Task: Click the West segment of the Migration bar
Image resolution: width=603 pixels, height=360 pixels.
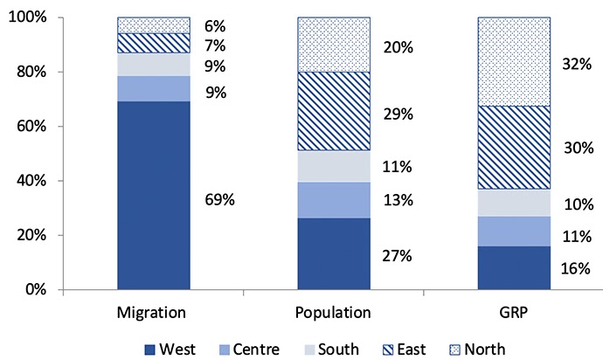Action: (x=154, y=195)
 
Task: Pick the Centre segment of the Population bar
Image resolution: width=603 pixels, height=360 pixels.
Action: (x=333, y=199)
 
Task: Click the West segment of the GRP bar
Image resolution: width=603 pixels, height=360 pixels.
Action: (x=513, y=267)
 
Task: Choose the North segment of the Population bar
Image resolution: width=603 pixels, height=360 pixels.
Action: (x=333, y=45)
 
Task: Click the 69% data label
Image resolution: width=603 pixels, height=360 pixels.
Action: (x=220, y=199)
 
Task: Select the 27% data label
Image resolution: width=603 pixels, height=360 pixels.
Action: (x=399, y=256)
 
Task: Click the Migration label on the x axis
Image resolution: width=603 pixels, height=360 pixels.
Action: (x=154, y=312)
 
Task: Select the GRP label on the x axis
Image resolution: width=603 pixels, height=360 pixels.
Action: (x=513, y=312)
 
